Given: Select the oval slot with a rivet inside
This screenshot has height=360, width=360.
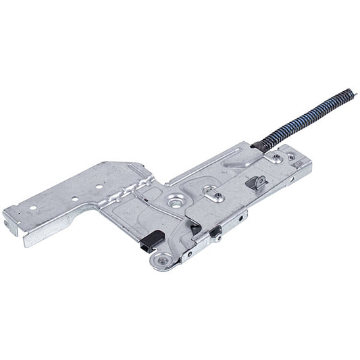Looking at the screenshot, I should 216,197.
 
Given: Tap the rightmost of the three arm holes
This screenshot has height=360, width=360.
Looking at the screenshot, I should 99,184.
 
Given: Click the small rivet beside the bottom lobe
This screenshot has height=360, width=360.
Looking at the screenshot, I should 188,254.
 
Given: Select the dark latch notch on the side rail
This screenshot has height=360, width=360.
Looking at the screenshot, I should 215,231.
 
